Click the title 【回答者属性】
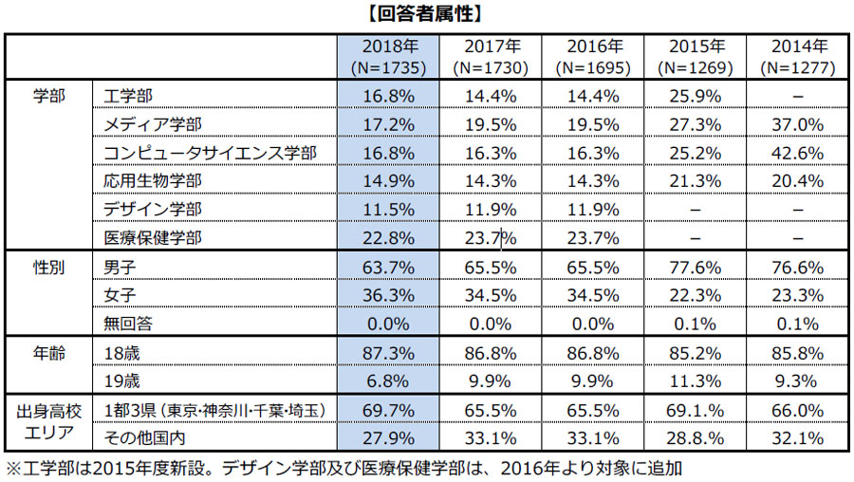click(427, 14)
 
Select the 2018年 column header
click(388, 57)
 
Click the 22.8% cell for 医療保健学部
click(388, 237)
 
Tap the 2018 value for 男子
click(388, 268)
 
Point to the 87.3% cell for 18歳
click(388, 353)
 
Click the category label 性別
click(48, 268)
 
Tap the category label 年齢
click(48, 353)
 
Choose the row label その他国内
click(143, 437)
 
